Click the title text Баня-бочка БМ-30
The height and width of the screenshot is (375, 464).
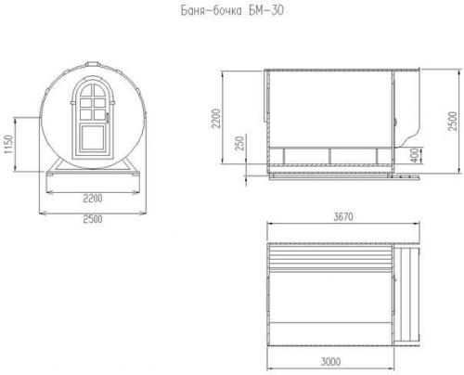pyautogui.click(x=232, y=10)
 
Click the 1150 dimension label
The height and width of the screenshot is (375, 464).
pyautogui.click(x=8, y=144)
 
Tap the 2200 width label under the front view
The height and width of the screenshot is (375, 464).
pyautogui.click(x=93, y=198)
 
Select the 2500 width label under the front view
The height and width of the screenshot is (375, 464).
pyautogui.click(x=93, y=219)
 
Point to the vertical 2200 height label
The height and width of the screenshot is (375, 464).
pyautogui.click(x=215, y=118)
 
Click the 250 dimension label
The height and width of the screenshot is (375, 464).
pyautogui.click(x=239, y=143)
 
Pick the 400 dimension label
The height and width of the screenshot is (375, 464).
pyautogui.click(x=416, y=155)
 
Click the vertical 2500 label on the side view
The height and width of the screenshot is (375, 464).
pyautogui.click(x=452, y=121)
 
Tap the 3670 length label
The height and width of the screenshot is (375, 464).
pyautogui.click(x=343, y=216)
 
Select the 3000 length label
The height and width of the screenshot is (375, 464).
pyautogui.click(x=330, y=361)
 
